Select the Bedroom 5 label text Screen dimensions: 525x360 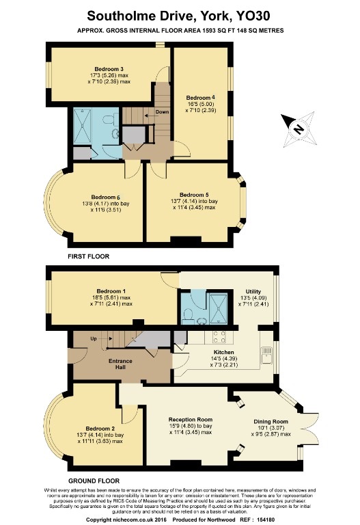(194, 194)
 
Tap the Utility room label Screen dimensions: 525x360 (244, 291)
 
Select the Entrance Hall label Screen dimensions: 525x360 (120, 364)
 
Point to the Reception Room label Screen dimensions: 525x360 (191, 419)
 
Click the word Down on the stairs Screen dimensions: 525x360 (162, 112)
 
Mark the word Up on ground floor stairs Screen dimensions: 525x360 (92, 338)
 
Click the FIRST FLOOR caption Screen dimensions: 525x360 (88, 256)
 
